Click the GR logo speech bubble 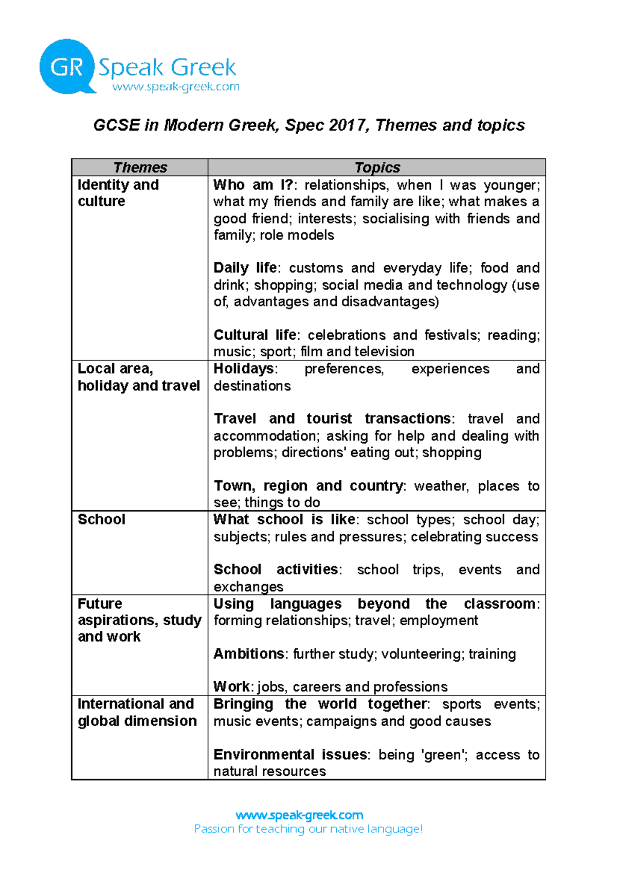[67, 67]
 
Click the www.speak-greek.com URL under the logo [176, 87]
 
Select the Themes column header [140, 168]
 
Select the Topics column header [377, 168]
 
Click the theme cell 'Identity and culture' [118, 193]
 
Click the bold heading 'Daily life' [245, 268]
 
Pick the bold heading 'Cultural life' [255, 335]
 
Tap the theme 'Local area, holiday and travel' [138, 377]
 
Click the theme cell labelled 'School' [101, 519]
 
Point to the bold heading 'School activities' [276, 570]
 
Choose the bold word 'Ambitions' [248, 654]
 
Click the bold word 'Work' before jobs [231, 687]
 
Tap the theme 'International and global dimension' [137, 712]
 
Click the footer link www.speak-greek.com [299, 815]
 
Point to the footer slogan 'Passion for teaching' [308, 829]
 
